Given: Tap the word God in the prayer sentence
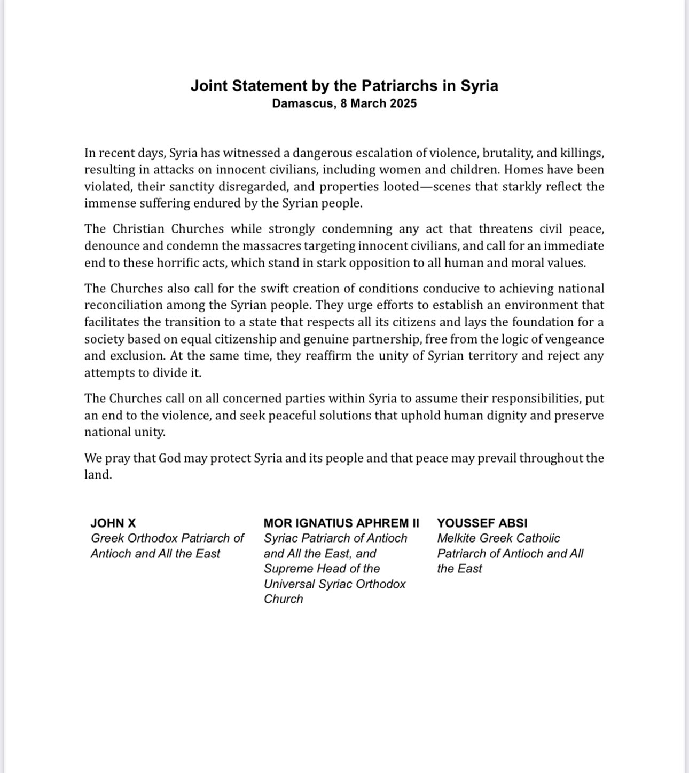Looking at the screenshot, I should pyautogui.click(x=169, y=458).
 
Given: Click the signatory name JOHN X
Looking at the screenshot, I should pyautogui.click(x=113, y=523).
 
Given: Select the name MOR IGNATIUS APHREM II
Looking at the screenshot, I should pyautogui.click(x=341, y=523).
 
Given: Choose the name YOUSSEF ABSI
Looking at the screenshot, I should pyautogui.click(x=482, y=523).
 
